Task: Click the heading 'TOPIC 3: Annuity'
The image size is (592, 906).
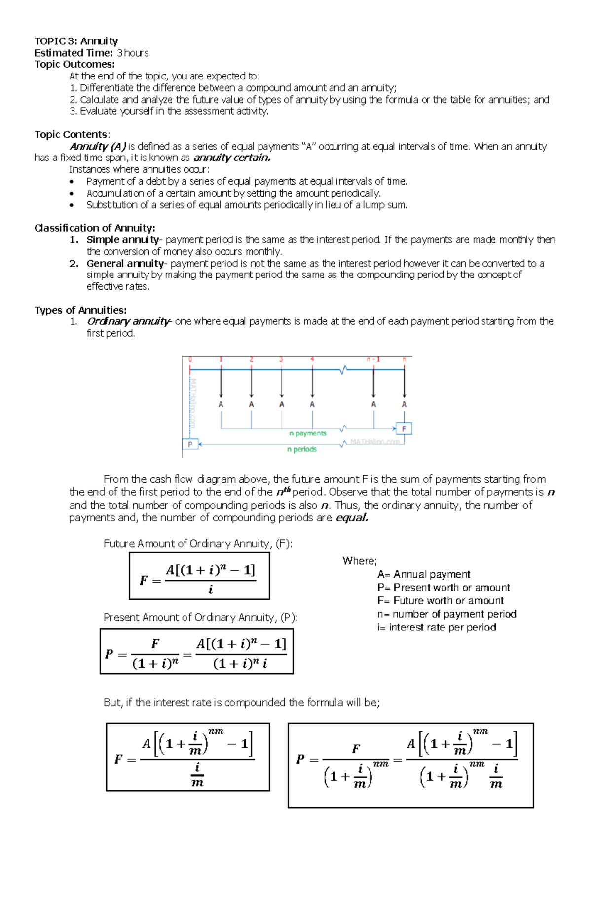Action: tap(76, 41)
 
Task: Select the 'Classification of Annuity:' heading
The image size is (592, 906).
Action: tap(95, 228)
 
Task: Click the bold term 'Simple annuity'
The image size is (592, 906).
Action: tap(122, 240)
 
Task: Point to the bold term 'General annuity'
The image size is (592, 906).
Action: tap(125, 263)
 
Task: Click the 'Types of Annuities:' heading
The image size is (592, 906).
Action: tap(80, 310)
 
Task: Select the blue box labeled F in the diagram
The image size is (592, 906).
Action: tap(404, 429)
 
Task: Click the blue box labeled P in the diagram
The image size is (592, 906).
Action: tap(190, 444)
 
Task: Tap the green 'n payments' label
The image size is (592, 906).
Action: tap(308, 433)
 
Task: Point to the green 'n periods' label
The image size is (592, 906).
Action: tap(301, 449)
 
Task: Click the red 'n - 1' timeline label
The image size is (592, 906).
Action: tap(373, 359)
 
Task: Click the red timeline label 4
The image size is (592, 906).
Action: tap(312, 359)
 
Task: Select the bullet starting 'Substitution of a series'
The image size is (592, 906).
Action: tap(247, 205)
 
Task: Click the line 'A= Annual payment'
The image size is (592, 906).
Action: tap(423, 574)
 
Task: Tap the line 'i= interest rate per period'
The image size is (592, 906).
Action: tap(437, 627)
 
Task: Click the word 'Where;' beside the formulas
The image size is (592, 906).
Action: tap(360, 561)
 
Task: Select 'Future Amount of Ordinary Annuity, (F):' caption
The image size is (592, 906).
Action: tap(198, 544)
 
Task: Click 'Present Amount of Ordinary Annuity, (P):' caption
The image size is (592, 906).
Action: tap(200, 617)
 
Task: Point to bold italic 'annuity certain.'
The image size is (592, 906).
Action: tap(232, 158)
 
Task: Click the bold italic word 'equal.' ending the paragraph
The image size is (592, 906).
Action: tap(352, 518)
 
